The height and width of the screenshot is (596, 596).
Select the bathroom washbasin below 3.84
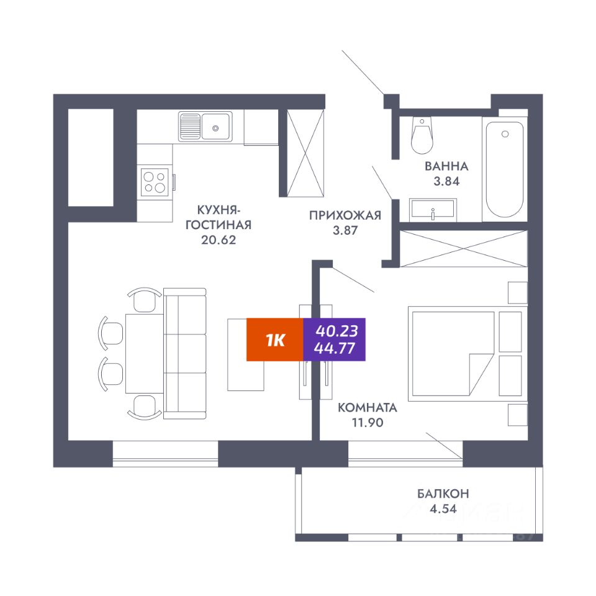(x=433, y=209)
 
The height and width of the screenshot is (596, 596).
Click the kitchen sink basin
(x=215, y=127)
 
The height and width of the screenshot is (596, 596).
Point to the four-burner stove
(x=155, y=182)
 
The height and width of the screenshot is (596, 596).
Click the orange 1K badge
(x=274, y=340)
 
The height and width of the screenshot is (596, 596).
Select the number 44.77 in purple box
(x=335, y=348)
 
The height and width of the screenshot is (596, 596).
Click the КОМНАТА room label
(x=367, y=408)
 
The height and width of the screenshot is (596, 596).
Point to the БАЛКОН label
(x=443, y=494)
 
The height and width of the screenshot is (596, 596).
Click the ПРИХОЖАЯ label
(x=345, y=215)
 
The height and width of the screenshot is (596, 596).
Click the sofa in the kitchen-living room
(x=184, y=353)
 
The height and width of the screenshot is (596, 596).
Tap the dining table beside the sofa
(x=144, y=353)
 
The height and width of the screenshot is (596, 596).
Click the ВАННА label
(x=446, y=166)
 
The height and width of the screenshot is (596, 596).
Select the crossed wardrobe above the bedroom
(x=464, y=248)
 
